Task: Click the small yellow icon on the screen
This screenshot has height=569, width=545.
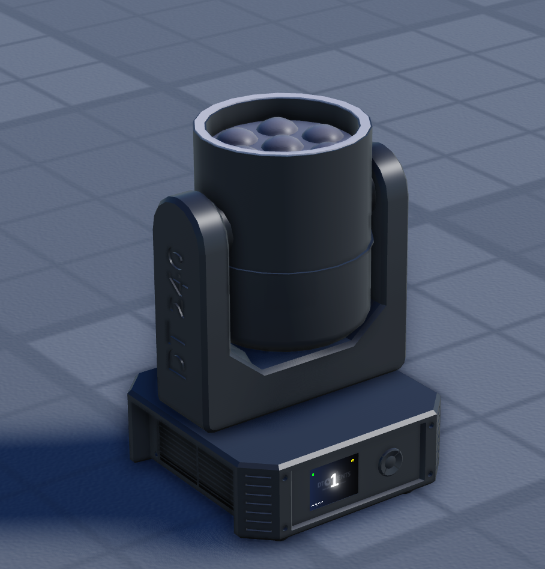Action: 353,461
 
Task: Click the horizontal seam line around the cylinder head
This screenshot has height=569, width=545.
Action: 300,270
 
